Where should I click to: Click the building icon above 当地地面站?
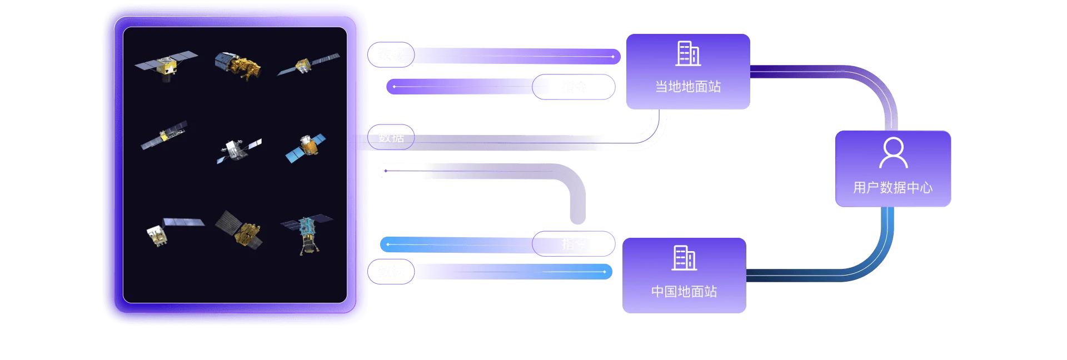coord(688,54)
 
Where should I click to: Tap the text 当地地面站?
coord(688,87)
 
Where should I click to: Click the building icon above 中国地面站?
coord(684,258)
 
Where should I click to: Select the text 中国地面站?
coord(684,292)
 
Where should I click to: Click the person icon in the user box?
coord(893,153)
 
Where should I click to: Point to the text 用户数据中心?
coord(893,188)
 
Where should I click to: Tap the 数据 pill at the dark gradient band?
coord(391,137)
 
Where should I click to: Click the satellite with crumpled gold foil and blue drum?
coord(238,65)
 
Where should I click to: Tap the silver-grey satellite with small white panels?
coord(238,149)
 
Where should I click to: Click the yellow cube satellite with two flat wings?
coord(166,65)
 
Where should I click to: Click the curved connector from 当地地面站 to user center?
coord(867,83)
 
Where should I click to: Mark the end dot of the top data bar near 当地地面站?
coord(612,57)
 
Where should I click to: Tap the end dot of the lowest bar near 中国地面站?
coord(604,272)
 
